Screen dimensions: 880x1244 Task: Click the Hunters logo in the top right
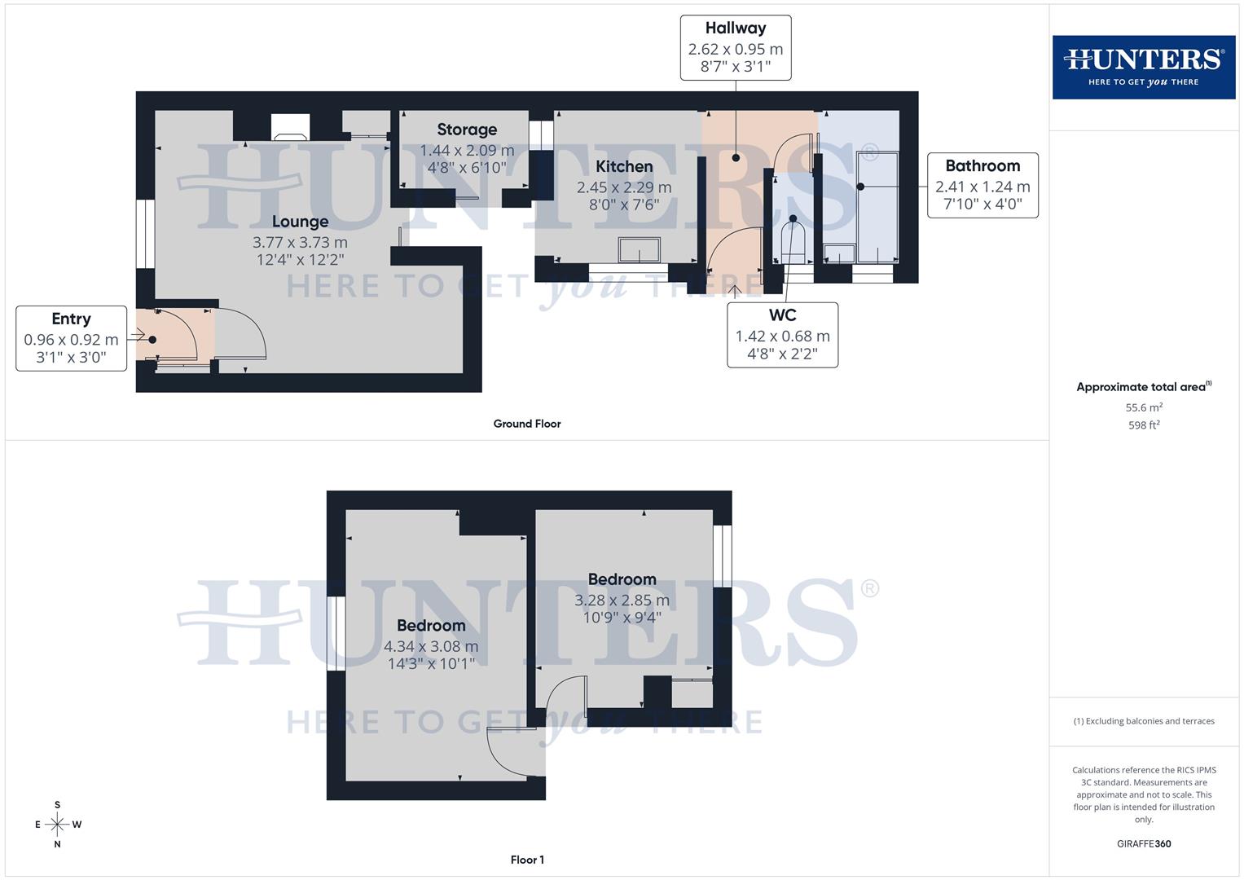tap(1143, 67)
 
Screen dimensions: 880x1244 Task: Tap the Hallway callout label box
tap(736, 47)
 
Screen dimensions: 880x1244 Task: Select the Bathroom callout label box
tap(982, 185)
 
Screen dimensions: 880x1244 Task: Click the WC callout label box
tap(782, 335)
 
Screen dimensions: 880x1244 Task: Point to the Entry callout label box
tap(71, 338)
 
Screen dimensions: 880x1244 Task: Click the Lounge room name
tap(300, 222)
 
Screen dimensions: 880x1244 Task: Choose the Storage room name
tap(467, 130)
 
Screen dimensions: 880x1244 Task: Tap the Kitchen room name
tap(624, 166)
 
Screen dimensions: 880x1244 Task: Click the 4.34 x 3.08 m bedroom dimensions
tap(431, 646)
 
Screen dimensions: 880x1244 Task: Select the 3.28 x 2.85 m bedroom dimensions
tap(622, 601)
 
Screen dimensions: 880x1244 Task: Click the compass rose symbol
tap(57, 825)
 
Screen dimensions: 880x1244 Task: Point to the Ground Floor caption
tap(527, 424)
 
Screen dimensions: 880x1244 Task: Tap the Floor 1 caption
tap(527, 860)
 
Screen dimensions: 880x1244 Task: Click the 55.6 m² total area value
tap(1144, 407)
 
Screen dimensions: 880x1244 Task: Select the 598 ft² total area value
tap(1144, 425)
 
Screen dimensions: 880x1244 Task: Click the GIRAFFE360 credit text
tap(1144, 844)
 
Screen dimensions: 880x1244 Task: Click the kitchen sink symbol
tap(639, 249)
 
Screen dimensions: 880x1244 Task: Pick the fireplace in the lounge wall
tap(290, 127)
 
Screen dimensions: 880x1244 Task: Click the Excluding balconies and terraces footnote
tap(1144, 721)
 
